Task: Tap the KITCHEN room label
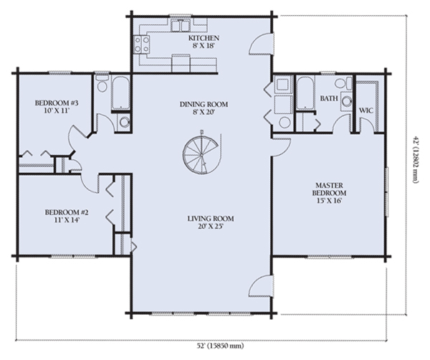(x=204, y=38)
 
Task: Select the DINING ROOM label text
(x=204, y=104)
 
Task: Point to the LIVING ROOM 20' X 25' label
(x=211, y=222)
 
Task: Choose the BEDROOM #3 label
(x=57, y=103)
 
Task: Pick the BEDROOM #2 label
(x=67, y=212)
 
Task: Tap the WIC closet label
(x=366, y=110)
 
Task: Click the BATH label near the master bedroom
(x=329, y=98)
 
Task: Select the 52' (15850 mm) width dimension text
(x=221, y=346)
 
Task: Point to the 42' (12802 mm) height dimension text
(x=416, y=159)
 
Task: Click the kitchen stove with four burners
(x=142, y=44)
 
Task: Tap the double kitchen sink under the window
(x=180, y=25)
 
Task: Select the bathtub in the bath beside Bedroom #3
(x=120, y=93)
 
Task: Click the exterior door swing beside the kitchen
(x=262, y=44)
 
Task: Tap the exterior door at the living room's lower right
(x=262, y=286)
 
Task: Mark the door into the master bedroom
(x=282, y=147)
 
